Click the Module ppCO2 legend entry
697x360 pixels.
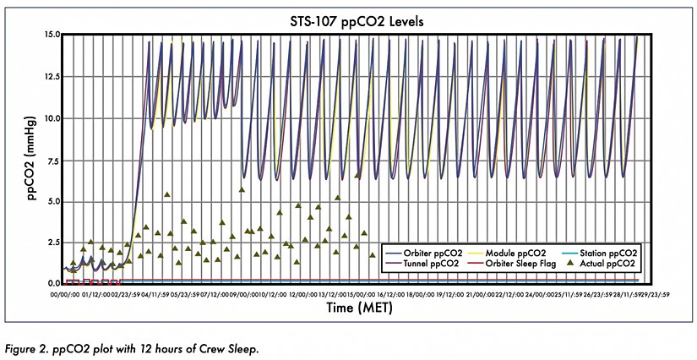coord(515,253)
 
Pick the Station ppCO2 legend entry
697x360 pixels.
coord(603,253)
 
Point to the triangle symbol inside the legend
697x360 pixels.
coord(569,264)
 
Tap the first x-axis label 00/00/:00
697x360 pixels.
coord(66,294)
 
